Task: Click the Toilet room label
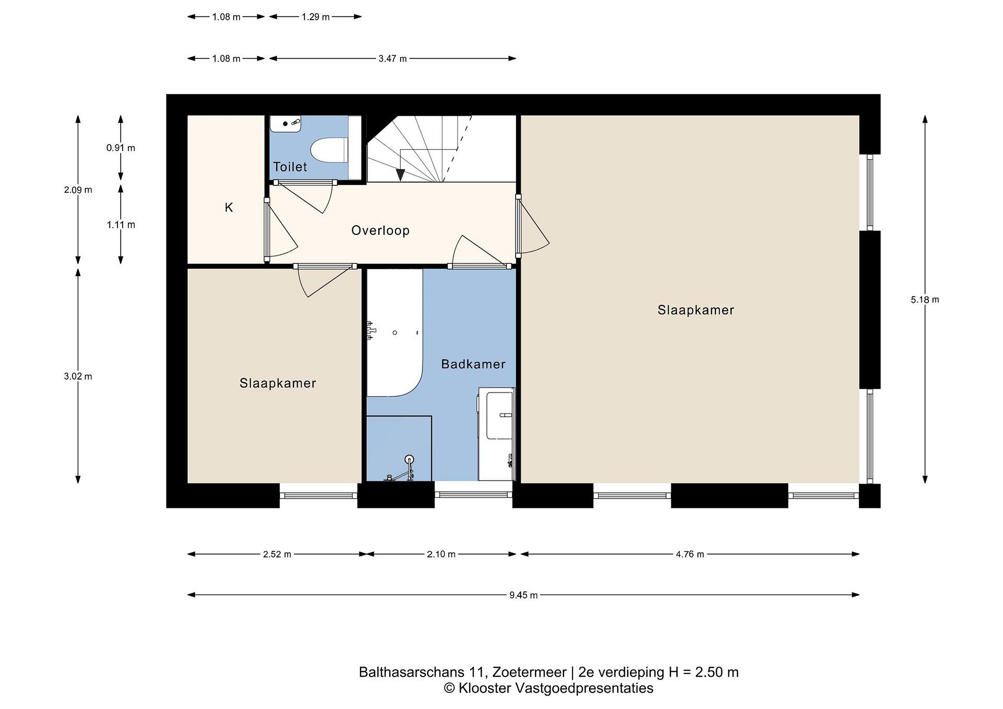[x=290, y=167]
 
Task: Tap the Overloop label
[x=381, y=230]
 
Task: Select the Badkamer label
[x=473, y=364]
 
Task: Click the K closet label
[x=229, y=208]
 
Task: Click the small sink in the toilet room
[x=286, y=124]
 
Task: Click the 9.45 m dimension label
[x=523, y=595]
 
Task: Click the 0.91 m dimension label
[x=120, y=148]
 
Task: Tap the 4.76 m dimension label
[x=690, y=554]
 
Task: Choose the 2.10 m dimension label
[x=441, y=554]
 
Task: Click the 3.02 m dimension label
[x=78, y=376]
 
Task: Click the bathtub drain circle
[x=395, y=333]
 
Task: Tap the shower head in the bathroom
[x=409, y=459]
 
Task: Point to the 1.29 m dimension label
[x=316, y=17]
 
